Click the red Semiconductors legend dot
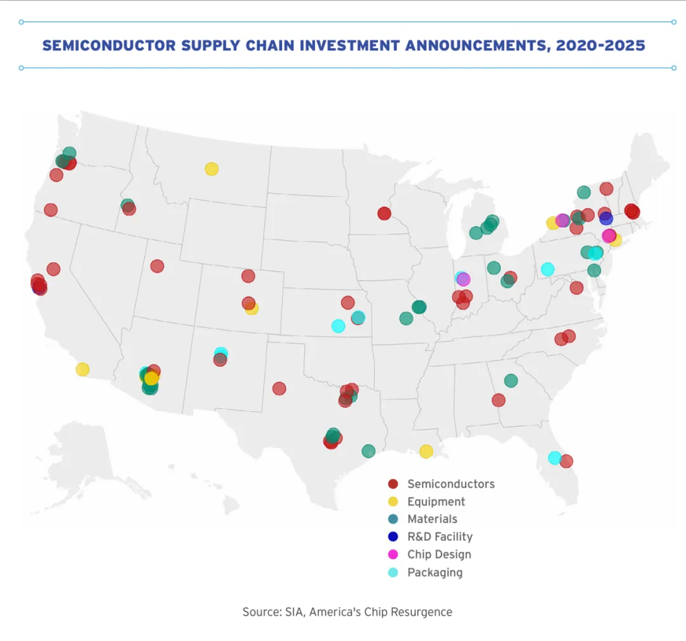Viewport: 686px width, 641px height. pos(393,484)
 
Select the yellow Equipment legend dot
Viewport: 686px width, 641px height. pos(393,502)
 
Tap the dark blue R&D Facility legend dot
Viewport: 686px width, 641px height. pos(393,537)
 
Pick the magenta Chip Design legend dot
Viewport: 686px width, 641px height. pos(393,555)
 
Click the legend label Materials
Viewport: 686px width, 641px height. pos(432,520)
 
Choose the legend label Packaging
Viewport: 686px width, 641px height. pos(435,572)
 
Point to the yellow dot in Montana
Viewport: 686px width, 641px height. pos(211,169)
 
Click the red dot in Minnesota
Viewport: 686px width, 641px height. pos(384,213)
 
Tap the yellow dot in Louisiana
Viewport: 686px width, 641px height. pos(426,451)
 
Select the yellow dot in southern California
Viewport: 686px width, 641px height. pos(82,369)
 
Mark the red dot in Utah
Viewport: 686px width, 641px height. pos(157,266)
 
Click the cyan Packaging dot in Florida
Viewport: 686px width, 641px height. pos(555,458)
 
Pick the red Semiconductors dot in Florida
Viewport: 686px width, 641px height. pos(566,461)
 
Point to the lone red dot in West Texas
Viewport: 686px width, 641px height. pos(279,388)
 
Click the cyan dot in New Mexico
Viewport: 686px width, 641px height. pos(221,353)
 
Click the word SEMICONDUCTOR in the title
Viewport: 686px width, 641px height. pos(112,46)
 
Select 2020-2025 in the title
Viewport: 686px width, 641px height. pos(601,46)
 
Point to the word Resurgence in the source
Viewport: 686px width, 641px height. pos(421,611)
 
